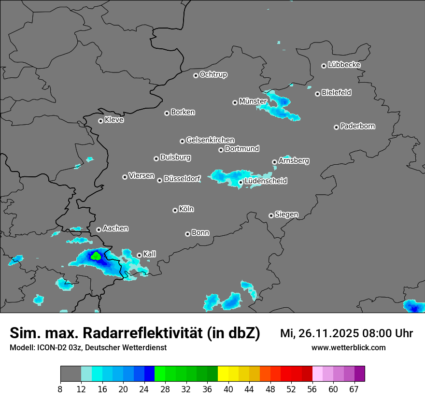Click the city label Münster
point(253,101)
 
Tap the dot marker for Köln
point(175,210)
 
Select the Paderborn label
point(357,126)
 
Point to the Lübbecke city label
point(344,65)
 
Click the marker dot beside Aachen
point(99,229)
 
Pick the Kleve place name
point(114,120)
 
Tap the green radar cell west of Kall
point(96,256)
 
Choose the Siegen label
point(286,215)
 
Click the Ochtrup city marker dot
point(196,75)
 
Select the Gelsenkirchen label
point(210,140)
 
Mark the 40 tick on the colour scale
point(228,388)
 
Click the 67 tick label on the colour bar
point(354,388)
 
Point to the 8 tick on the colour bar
point(60,388)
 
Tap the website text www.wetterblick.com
point(348,347)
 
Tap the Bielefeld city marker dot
point(317,94)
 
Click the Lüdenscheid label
point(266,181)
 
